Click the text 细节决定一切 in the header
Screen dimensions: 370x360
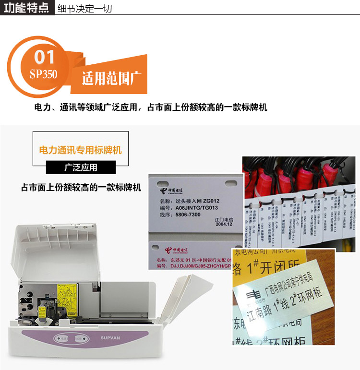click(x=84, y=8)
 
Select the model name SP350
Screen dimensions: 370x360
click(x=43, y=74)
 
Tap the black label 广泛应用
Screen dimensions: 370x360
click(x=81, y=168)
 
